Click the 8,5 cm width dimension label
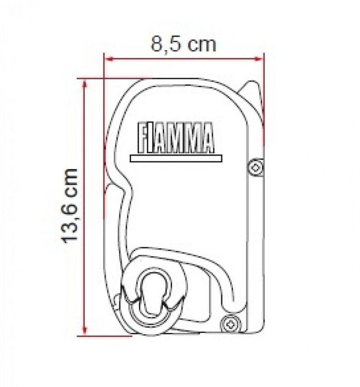click(183, 44)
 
